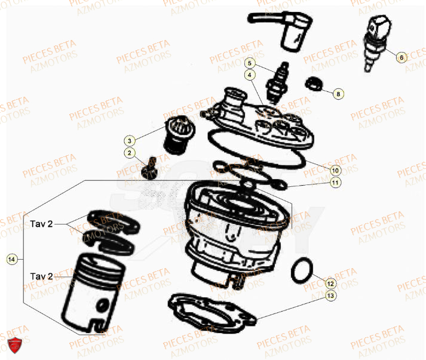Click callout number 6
[402, 57]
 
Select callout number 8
[338, 94]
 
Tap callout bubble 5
[250, 63]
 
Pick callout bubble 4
[250, 75]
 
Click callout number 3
[128, 140]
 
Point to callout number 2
[128, 153]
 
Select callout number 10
[335, 170]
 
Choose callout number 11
[335, 182]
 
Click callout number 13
[330, 295]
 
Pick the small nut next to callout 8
[314, 84]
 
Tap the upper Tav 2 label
[42, 224]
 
